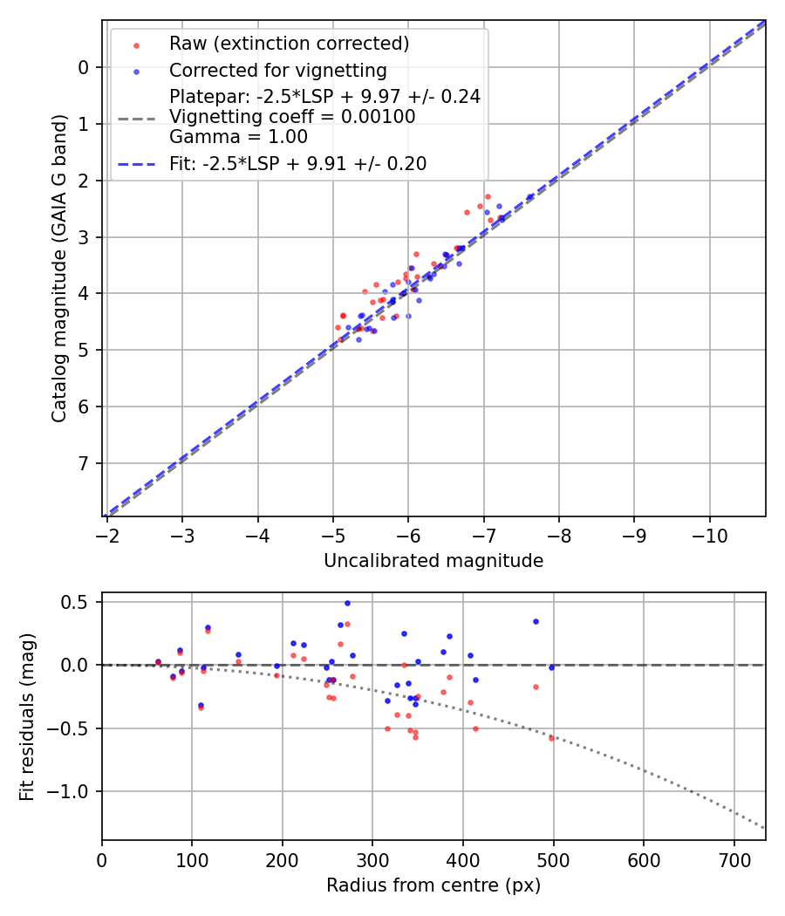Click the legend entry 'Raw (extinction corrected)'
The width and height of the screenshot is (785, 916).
pos(289,44)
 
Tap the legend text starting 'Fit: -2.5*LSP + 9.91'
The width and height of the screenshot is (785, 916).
pos(297,164)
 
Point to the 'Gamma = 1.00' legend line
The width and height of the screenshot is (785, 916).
pos(238,137)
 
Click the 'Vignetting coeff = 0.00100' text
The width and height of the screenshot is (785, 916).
pos(292,117)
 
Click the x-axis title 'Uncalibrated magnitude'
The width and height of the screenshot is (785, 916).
pos(433,561)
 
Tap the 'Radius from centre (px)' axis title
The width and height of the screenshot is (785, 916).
pos(433,885)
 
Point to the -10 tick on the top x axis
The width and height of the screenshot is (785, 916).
pos(709,535)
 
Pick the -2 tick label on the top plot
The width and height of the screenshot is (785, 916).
pos(107,535)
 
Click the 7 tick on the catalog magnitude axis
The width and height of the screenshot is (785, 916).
pos(84,463)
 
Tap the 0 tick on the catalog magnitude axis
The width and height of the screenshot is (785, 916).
pos(84,67)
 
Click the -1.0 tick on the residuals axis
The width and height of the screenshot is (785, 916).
pos(70,791)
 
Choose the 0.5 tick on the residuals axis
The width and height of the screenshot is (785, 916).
pos(77,602)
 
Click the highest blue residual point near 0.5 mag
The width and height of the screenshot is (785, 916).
pos(347,603)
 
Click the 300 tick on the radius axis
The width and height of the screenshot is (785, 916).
pos(372,859)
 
